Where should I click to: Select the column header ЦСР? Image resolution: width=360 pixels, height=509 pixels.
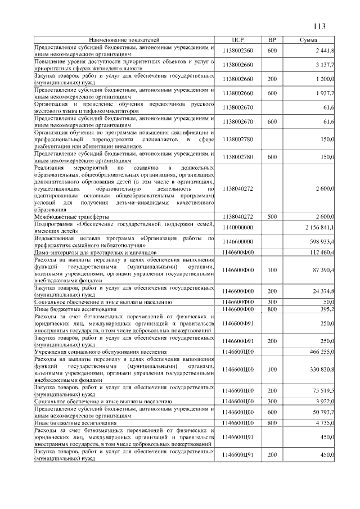(x=237, y=40)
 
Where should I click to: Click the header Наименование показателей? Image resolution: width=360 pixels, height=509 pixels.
(x=124, y=40)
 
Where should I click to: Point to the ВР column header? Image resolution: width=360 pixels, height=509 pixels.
(x=272, y=40)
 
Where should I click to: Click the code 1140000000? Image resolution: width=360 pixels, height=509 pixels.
(x=237, y=227)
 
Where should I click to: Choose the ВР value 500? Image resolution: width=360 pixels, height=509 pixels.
(x=272, y=217)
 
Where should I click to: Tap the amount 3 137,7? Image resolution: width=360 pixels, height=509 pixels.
(x=325, y=65)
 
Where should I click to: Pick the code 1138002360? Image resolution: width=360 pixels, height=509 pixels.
(x=237, y=51)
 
